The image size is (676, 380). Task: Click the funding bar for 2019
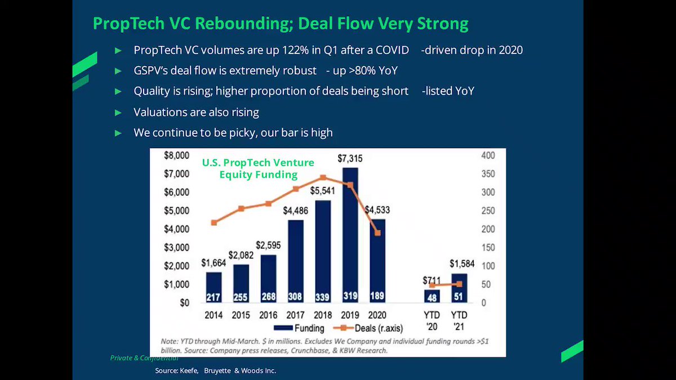[x=350, y=235]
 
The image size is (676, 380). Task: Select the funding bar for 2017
[x=296, y=261]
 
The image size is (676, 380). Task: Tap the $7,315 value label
[x=350, y=158]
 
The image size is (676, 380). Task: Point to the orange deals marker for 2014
[x=214, y=222]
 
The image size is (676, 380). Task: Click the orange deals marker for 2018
[x=323, y=177]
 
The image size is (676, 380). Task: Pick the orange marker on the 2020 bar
[x=377, y=233]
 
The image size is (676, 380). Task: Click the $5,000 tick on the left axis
[x=176, y=211]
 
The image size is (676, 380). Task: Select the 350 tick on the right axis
[x=488, y=174]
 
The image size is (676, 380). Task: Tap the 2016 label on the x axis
[x=268, y=315]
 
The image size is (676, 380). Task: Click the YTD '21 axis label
[x=459, y=321]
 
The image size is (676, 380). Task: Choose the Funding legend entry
[x=299, y=328]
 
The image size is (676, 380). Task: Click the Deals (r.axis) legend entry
[x=368, y=328]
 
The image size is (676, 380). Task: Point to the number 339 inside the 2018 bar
[x=322, y=297]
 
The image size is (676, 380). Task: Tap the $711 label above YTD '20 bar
[x=432, y=280]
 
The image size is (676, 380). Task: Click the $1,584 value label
[x=462, y=263]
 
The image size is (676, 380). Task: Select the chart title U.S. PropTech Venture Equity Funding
[x=258, y=168]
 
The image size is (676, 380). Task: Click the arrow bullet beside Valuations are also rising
[x=118, y=113]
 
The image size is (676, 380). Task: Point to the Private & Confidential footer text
[x=144, y=358]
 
